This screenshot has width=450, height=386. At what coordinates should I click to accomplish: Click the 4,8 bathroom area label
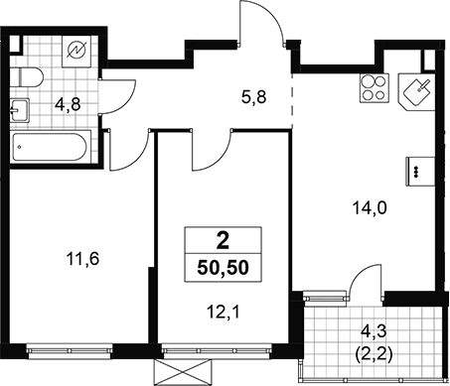click(x=68, y=105)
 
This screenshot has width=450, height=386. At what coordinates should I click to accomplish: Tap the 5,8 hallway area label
click(x=254, y=97)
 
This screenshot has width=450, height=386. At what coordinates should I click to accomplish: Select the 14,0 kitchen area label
click(x=370, y=208)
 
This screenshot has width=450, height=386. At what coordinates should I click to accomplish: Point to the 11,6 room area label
click(x=82, y=259)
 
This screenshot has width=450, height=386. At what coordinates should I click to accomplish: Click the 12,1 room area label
click(x=223, y=312)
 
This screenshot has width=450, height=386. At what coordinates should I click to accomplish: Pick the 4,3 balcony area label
click(x=375, y=331)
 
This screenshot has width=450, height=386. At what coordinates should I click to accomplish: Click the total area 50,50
click(x=223, y=267)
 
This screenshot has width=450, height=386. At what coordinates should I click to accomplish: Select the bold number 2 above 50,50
click(x=223, y=241)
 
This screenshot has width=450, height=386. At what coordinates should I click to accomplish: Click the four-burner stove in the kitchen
click(x=375, y=87)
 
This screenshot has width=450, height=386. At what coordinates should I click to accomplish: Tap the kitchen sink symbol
click(x=416, y=91)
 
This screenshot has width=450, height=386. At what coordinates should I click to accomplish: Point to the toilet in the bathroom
click(x=27, y=77)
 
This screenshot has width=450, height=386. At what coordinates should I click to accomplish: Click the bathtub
click(x=51, y=147)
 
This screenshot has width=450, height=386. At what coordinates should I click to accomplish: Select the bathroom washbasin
click(x=20, y=110)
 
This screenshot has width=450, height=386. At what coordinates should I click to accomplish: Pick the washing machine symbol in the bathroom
click(x=76, y=51)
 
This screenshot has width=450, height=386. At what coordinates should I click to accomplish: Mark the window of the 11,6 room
click(x=70, y=351)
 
